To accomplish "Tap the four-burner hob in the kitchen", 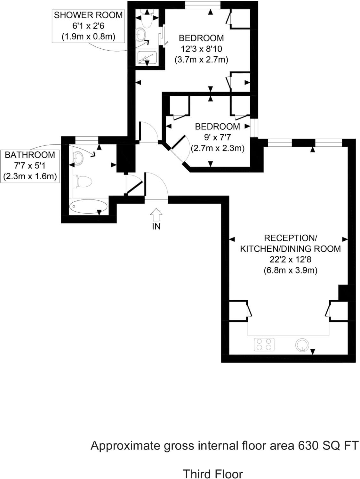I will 264,344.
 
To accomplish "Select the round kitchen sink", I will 302,345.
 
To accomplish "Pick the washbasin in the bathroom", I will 78,157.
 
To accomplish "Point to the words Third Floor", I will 212,474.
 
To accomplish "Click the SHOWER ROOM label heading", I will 88,15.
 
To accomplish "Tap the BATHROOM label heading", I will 30,155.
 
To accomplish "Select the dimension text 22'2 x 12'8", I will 290,259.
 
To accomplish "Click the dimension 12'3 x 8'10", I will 201,49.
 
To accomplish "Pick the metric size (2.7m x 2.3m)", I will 218,148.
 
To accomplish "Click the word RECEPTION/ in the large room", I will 290,238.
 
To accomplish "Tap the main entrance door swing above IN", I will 156,186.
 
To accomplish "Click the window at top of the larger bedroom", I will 203,5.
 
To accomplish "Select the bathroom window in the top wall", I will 87,140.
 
